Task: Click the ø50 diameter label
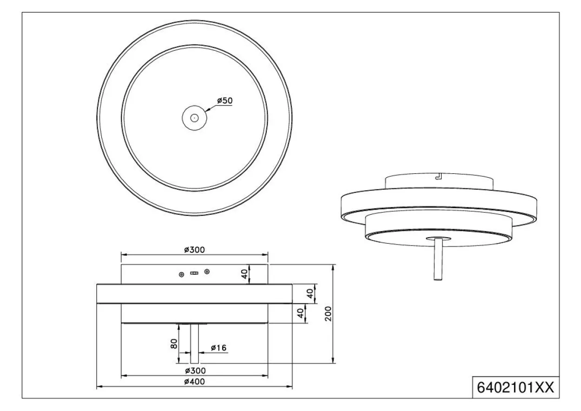coord(225,101)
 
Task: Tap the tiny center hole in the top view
coord(194,118)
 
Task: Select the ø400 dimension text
coord(195,382)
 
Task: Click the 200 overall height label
coord(328,314)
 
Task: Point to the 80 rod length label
coord(174,344)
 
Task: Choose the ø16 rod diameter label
coord(218,348)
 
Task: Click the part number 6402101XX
coord(515,388)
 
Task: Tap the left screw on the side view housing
coord(182,274)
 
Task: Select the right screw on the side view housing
coord(207,272)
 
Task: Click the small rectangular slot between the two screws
coord(194,273)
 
